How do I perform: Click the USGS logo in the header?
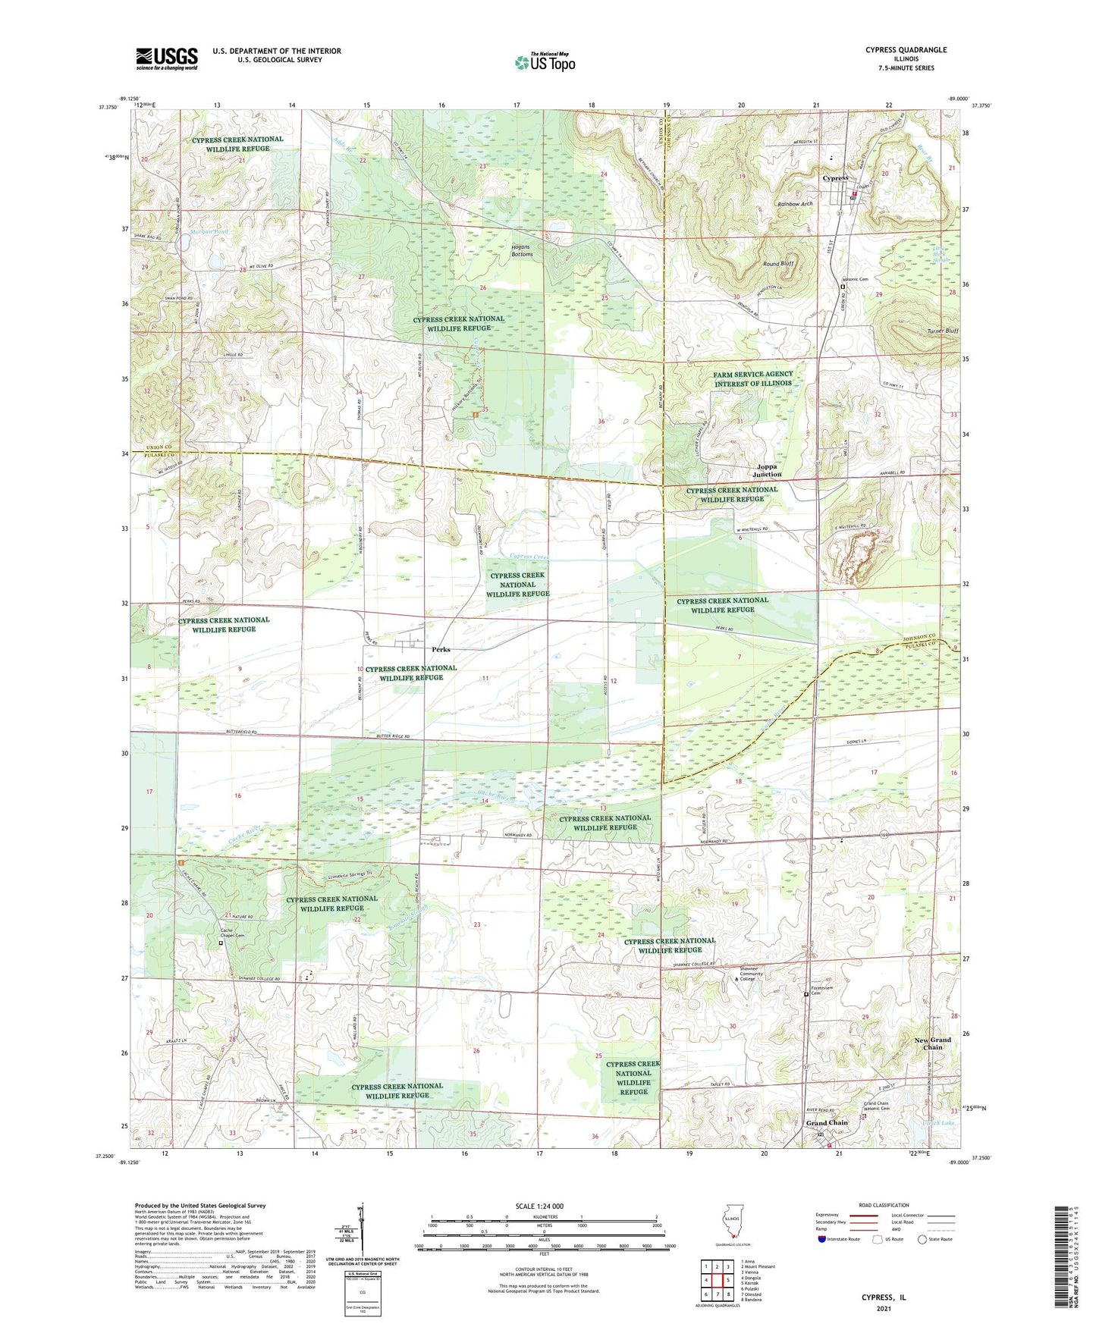click(x=166, y=58)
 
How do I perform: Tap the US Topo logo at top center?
click(x=545, y=62)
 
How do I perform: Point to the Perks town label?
click(x=441, y=649)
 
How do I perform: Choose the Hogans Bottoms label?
click(x=521, y=251)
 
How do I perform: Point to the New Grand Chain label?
click(x=932, y=1043)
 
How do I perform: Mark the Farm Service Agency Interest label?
click(x=752, y=378)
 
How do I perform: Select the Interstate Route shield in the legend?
click(x=823, y=1239)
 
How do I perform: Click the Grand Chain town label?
click(x=827, y=1122)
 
